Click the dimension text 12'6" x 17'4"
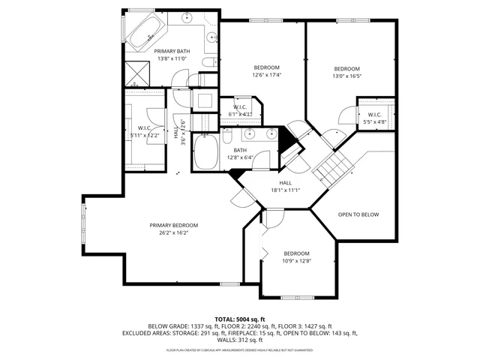[265, 75]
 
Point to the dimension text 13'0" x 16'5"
[347, 75]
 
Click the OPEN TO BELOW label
[358, 214]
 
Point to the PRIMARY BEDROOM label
[173, 226]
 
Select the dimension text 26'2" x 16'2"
[173, 233]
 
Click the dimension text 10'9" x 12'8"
[297, 261]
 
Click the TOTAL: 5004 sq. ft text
[240, 319]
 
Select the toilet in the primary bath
[212, 62]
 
